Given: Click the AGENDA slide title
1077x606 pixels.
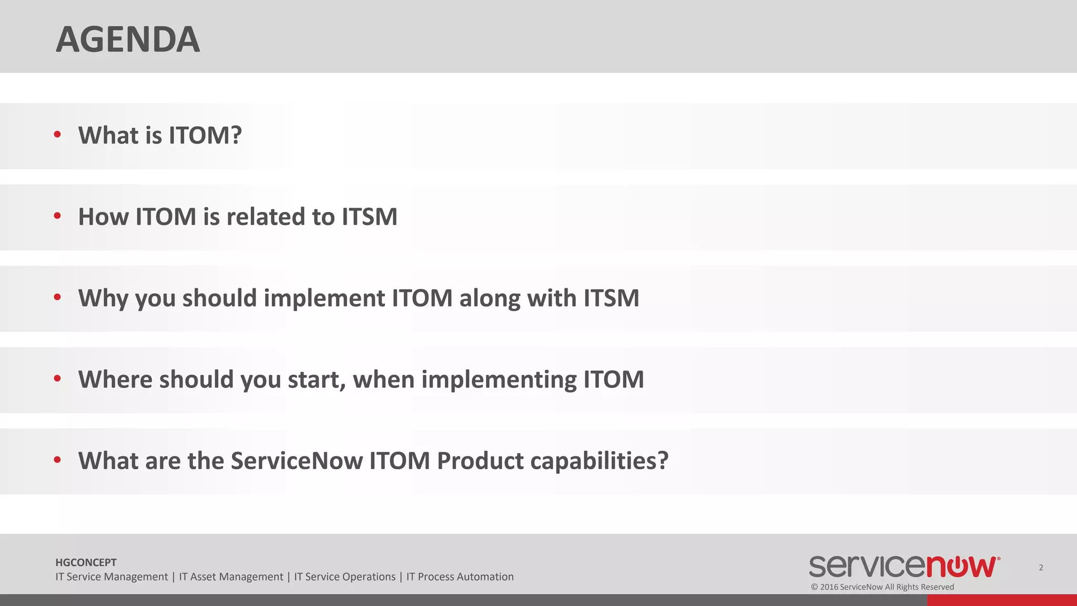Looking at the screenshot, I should [128, 39].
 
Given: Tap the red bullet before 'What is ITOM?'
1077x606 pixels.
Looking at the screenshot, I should [57, 134].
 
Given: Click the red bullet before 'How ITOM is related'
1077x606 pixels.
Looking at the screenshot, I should [57, 216].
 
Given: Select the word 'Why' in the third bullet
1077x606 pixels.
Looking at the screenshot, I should [103, 298].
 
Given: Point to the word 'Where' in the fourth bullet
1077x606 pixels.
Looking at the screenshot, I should [115, 379].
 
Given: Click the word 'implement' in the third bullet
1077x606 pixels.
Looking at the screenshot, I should [324, 298].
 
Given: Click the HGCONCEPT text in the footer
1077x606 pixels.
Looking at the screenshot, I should [86, 562].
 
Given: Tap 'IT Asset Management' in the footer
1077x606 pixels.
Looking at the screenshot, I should [231, 577].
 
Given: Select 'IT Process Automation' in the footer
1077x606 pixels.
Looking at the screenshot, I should [460, 577].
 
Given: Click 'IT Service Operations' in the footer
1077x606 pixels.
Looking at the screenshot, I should [344, 577].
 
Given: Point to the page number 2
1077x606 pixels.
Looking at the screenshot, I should [1041, 567].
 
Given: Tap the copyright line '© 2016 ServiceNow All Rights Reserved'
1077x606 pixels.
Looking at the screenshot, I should [882, 587].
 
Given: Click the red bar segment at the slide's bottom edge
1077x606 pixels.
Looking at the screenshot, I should [1001, 600].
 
